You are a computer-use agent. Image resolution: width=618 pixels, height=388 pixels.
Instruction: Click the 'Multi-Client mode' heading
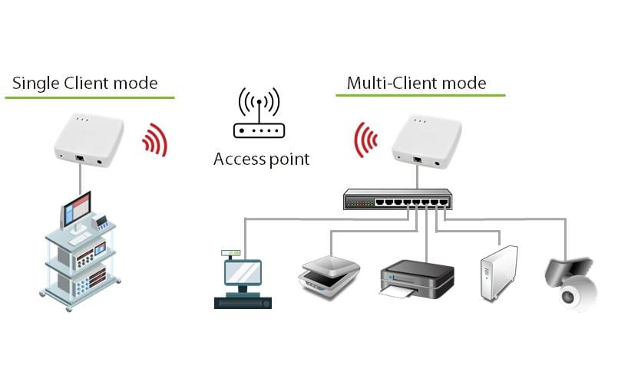(x=416, y=83)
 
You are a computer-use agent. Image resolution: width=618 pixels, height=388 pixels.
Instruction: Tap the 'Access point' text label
(x=261, y=159)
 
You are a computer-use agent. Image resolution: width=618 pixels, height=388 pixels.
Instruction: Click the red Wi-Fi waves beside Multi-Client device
(x=365, y=139)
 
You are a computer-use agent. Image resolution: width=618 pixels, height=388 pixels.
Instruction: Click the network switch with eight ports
(x=397, y=201)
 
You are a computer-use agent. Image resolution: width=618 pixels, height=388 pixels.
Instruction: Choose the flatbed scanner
(x=328, y=272)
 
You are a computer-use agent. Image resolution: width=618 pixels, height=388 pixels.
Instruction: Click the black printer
(x=417, y=278)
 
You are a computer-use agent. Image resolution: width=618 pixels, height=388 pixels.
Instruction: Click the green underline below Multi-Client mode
(x=420, y=96)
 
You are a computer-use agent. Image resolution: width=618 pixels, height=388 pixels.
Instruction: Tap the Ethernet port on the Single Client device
(x=81, y=157)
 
